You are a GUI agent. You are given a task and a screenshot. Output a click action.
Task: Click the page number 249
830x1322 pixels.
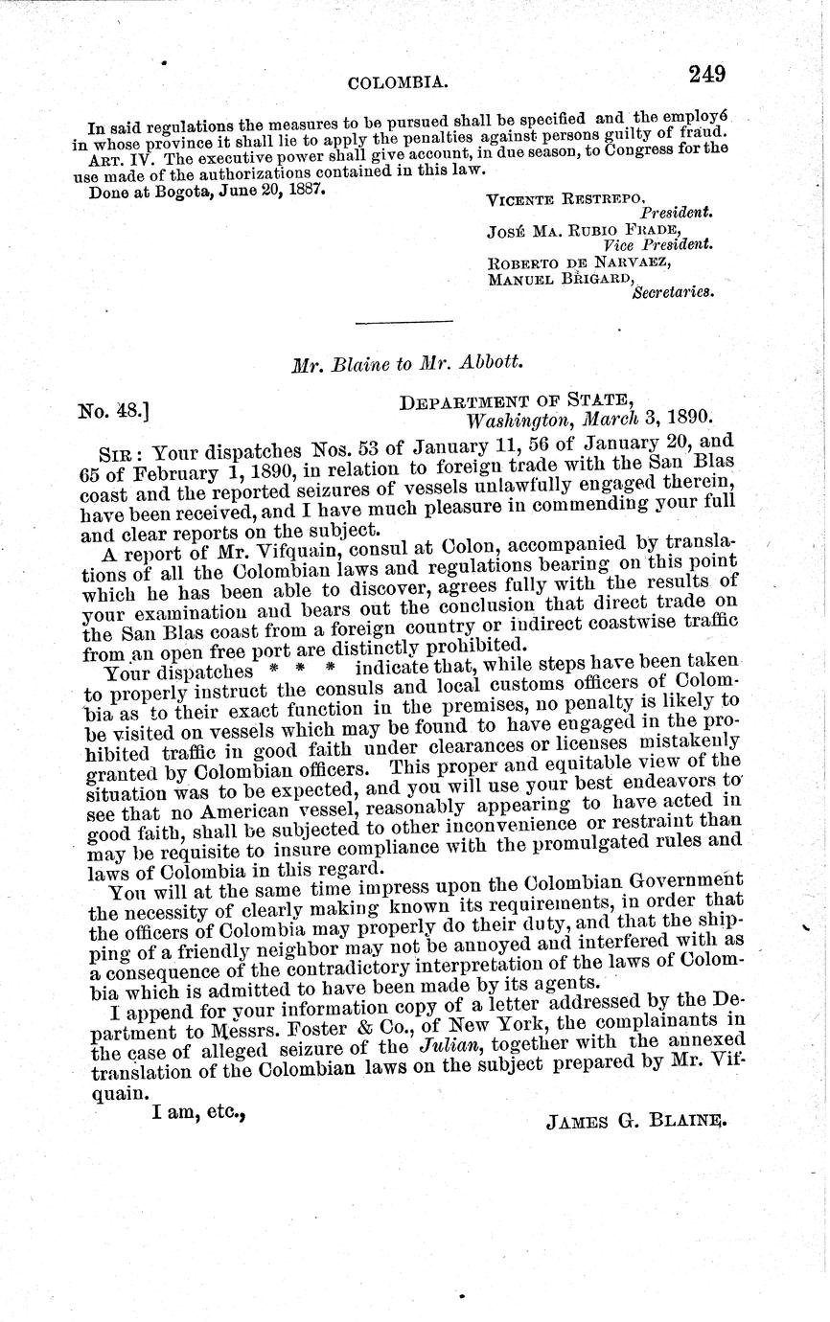(x=705, y=74)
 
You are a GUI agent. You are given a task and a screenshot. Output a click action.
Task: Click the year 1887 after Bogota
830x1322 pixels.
(x=300, y=190)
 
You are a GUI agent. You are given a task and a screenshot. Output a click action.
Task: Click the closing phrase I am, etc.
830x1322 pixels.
(x=199, y=1113)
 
